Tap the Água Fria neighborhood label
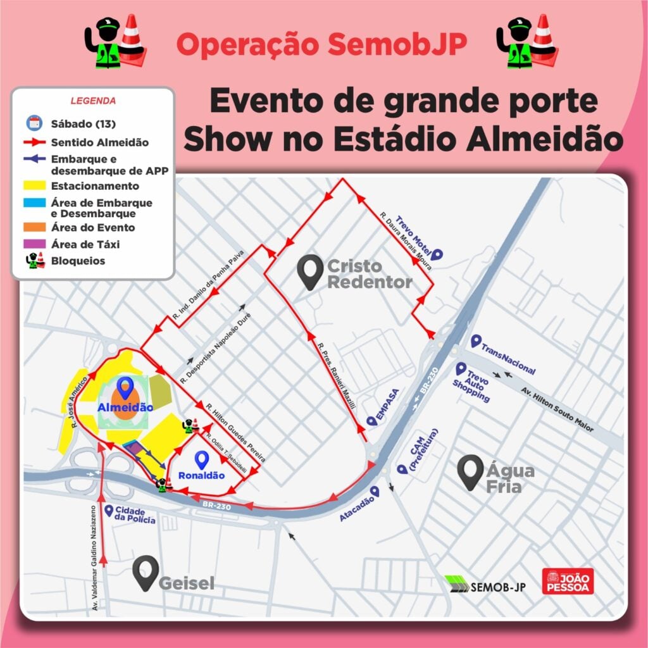[x=509, y=478]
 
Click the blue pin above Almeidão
[x=127, y=387]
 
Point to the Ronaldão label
[x=201, y=475]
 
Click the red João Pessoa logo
[x=568, y=581]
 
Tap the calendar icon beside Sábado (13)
[x=34, y=123]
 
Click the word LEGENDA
[x=92, y=101]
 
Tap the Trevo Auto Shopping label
[x=471, y=383]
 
